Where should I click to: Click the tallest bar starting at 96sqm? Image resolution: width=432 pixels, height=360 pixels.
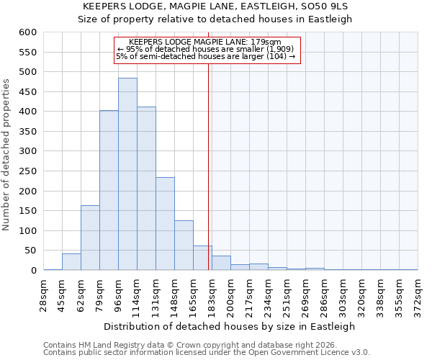click(127, 174)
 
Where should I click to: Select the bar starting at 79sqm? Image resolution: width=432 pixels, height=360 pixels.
click(109, 191)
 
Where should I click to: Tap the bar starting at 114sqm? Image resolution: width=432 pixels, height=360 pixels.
click(146, 189)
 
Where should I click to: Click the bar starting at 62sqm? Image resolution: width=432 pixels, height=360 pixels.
click(90, 238)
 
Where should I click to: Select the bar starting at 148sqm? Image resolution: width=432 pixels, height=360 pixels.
click(184, 246)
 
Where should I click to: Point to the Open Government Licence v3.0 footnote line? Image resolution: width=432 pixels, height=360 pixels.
click(207, 353)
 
